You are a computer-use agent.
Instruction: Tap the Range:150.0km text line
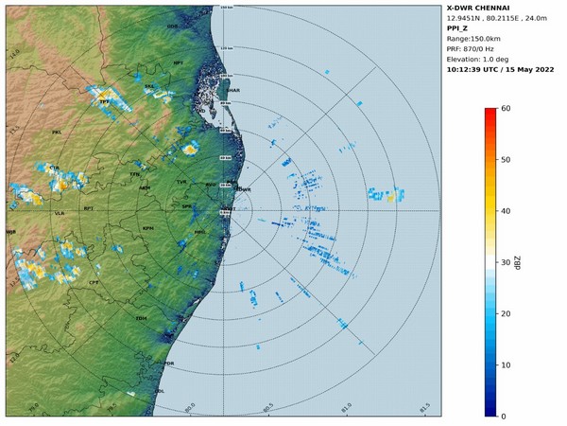coord(476,39)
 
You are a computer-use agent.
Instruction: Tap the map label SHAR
coord(233,91)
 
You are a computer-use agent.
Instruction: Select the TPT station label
coord(104,100)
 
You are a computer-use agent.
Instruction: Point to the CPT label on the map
coord(94,282)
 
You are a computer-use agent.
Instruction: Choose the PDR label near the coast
coord(169,364)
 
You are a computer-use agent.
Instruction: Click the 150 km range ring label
coord(225,8)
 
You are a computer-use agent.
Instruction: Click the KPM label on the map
coord(147,228)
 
